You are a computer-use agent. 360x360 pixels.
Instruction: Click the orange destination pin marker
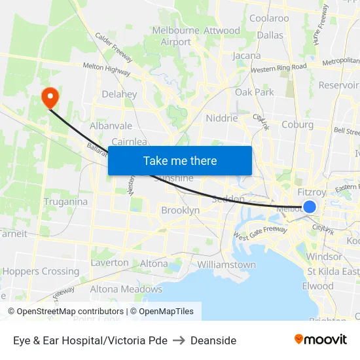[50, 98]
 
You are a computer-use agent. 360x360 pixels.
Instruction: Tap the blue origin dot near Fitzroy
[310, 207]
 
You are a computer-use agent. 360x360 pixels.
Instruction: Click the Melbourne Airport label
[175, 36]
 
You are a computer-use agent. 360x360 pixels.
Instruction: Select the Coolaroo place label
[269, 18]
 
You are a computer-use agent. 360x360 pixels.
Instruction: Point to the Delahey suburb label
[119, 94]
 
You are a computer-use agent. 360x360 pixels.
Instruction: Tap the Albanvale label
[111, 126]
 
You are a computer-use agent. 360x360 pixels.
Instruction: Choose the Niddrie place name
[222, 118]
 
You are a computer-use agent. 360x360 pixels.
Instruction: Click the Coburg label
[297, 124]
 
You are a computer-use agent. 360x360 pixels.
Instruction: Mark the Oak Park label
[255, 92]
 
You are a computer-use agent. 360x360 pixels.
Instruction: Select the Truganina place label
[65, 202]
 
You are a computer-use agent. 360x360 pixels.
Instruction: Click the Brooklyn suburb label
[180, 211]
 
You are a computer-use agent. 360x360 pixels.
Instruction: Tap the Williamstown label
[226, 265]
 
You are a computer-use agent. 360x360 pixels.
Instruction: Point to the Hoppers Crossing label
[41, 271]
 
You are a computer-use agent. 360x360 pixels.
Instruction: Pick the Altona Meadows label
[126, 289]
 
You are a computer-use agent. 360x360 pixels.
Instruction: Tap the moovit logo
[320, 339]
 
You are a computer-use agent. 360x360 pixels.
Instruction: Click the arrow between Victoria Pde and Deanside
[179, 340]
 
